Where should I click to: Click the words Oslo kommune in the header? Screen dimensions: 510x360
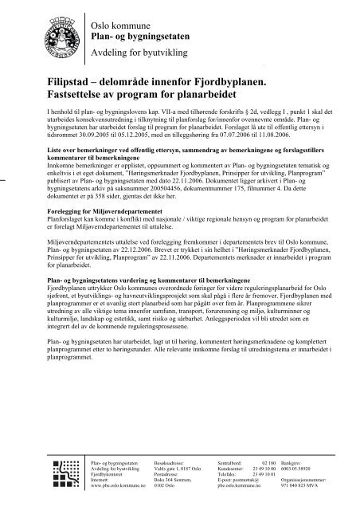(x=119, y=12)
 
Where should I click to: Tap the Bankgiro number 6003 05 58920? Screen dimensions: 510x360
(x=299, y=468)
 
